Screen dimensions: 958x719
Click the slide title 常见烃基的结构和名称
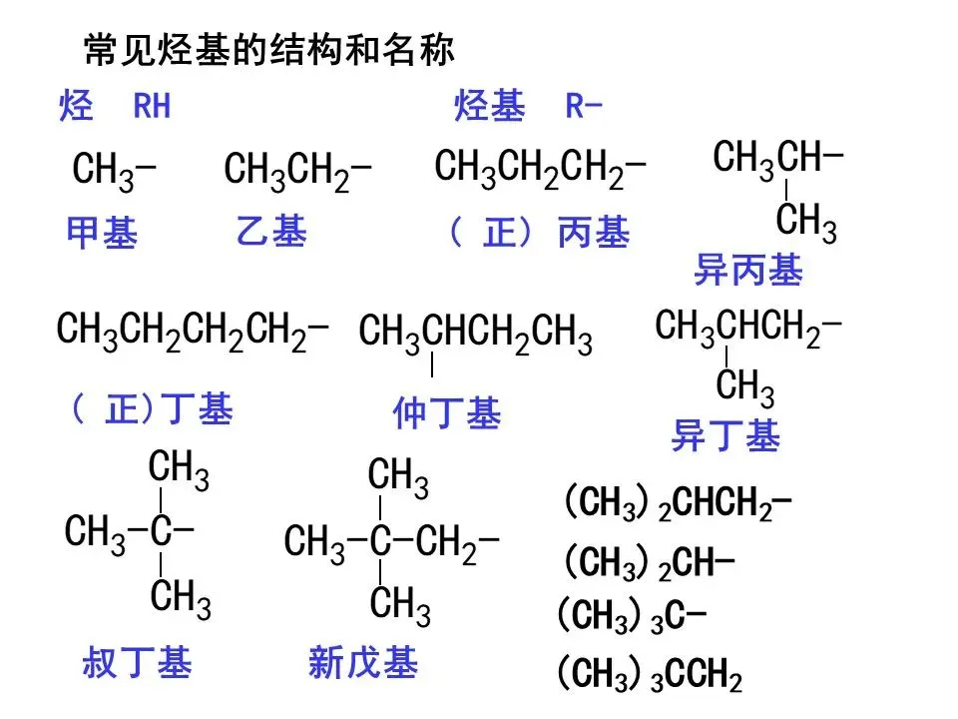pyautogui.click(x=269, y=49)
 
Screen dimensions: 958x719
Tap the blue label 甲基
pyautogui.click(x=102, y=234)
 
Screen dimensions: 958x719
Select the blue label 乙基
pyautogui.click(x=271, y=233)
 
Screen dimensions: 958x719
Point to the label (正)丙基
pyautogui.click(x=540, y=234)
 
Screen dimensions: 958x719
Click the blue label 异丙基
pyautogui.click(x=747, y=270)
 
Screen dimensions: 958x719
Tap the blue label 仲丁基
pyautogui.click(x=446, y=414)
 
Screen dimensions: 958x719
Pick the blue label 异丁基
pyautogui.click(x=725, y=436)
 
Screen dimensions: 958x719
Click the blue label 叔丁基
pyautogui.click(x=137, y=663)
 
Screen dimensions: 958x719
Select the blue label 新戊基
pyautogui.click(x=363, y=663)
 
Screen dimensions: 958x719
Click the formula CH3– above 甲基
pyautogui.click(x=114, y=171)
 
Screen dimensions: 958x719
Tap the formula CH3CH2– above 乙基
pyautogui.click(x=297, y=171)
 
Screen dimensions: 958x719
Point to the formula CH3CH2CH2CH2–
pyautogui.click(x=193, y=331)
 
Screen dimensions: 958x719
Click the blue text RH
pyautogui.click(x=153, y=107)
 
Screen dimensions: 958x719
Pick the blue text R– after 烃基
pyautogui.click(x=585, y=107)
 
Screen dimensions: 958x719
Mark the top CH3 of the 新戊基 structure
pyautogui.click(x=398, y=477)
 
